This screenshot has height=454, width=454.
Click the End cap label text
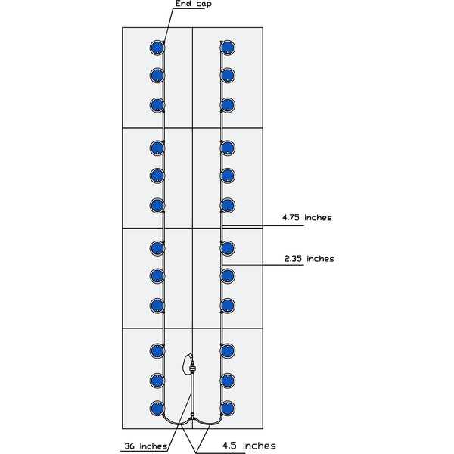[x=194, y=4]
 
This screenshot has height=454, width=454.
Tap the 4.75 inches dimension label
[x=307, y=217]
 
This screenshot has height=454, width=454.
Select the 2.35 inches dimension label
[x=309, y=259]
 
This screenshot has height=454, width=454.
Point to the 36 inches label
[x=145, y=446]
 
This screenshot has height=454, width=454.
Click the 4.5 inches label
[x=249, y=446]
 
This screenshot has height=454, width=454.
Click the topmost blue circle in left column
[x=157, y=48]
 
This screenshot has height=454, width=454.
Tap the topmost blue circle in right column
[x=228, y=48]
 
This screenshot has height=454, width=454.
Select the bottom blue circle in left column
[x=157, y=409]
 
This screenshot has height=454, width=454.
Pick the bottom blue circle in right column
[x=228, y=409]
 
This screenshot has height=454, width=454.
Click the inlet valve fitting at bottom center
[x=192, y=368]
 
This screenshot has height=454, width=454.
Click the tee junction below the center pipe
[x=192, y=415]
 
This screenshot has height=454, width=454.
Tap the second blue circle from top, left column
[x=157, y=76]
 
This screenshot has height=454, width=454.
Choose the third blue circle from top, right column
[x=228, y=105]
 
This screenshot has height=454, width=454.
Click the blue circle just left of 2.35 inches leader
[x=228, y=276]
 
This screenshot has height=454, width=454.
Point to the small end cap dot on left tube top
[x=163, y=42]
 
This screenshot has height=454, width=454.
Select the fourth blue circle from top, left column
[x=157, y=148]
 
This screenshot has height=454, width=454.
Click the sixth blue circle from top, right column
[x=228, y=206]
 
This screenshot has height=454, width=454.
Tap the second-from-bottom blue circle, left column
[x=157, y=381]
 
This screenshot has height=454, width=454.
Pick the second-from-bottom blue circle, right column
[x=228, y=381]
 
